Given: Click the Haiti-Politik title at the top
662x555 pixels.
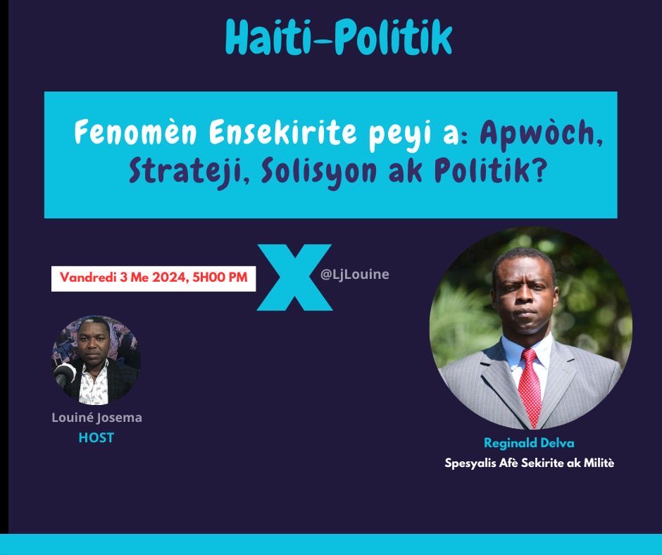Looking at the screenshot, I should click(338, 38).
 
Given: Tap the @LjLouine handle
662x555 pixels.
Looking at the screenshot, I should click(354, 274).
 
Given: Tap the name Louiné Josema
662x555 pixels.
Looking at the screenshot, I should click(96, 418).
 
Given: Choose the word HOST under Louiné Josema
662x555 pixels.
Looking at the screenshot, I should click(96, 437).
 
